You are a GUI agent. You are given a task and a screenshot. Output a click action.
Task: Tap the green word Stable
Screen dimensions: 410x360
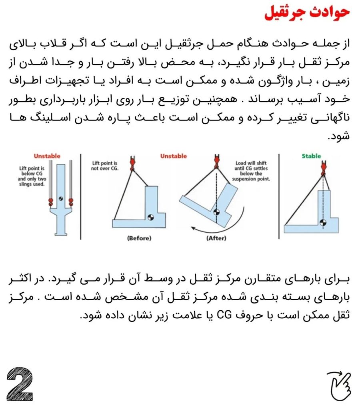(312, 156)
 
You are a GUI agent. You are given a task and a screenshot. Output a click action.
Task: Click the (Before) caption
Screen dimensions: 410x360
(139, 238)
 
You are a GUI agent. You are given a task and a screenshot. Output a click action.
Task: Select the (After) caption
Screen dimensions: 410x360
(216, 238)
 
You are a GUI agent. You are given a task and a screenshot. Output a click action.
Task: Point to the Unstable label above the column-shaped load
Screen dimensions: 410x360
(47, 156)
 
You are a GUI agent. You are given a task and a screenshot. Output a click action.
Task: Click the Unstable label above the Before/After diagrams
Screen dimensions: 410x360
(174, 156)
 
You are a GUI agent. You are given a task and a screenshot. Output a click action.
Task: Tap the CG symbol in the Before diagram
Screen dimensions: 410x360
(151, 217)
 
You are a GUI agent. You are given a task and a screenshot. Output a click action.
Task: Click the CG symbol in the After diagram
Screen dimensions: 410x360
(216, 212)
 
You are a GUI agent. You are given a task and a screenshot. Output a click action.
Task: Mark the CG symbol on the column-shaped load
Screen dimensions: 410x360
(60, 198)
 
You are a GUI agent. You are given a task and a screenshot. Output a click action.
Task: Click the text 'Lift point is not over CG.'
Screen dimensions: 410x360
(104, 166)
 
